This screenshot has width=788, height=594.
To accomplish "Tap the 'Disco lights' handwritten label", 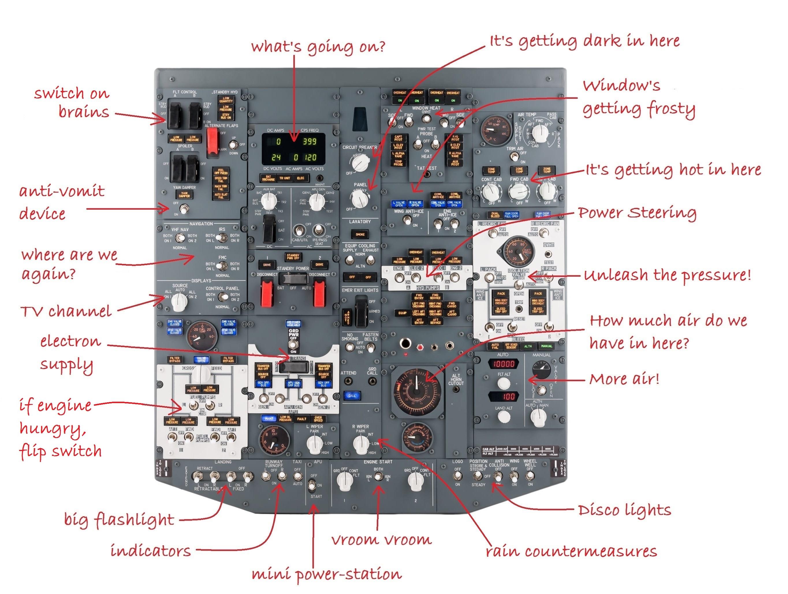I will click(624, 510).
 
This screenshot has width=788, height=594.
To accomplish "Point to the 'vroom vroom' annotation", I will click(381, 540).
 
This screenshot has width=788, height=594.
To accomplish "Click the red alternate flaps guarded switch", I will click(213, 141).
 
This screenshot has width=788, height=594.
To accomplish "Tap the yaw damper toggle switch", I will click(183, 209).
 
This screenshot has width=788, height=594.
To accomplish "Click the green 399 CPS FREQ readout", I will click(309, 141).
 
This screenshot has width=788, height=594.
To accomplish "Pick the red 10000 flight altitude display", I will click(503, 364).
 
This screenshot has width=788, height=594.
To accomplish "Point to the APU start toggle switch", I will click(313, 485).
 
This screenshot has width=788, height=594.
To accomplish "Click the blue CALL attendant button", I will click(352, 396).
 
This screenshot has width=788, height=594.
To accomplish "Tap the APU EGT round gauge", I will click(274, 442).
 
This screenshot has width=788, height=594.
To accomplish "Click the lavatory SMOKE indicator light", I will click(360, 234).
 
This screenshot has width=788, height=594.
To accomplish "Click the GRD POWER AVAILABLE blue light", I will click(293, 323).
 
